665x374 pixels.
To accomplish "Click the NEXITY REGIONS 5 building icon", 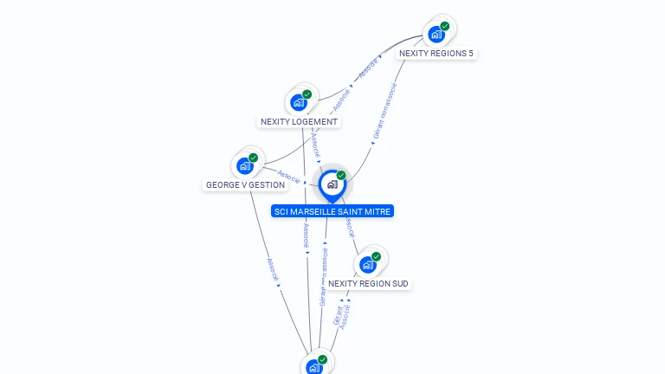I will coord(436,35).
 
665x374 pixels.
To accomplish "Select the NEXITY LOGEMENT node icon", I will coord(299,103).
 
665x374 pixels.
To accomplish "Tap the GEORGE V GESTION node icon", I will coord(245,165).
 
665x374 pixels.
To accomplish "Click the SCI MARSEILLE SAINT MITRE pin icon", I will coord(332,184).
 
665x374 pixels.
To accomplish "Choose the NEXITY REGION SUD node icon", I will coord(368,265).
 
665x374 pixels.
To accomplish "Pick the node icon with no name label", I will coord(314,367).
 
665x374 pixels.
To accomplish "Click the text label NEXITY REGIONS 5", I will coord(436,54).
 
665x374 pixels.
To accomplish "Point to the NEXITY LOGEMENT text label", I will coord(299,122).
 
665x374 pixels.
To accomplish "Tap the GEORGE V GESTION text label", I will coord(245,185).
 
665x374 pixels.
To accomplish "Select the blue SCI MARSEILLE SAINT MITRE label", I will coord(332,211).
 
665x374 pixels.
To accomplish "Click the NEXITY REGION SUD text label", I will coord(368,284).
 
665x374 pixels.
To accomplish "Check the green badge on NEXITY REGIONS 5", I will coord(445,26).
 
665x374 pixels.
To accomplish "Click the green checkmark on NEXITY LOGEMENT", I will coord(307,94).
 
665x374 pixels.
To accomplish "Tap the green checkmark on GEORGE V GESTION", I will coord(254,158).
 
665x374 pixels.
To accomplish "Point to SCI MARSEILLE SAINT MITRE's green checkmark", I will coord(341,176).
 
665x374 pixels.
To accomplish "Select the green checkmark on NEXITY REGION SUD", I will coord(377,256).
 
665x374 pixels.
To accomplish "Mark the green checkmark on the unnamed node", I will coord(323,359).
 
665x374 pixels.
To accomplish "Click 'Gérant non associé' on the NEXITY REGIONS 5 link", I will coord(384,112).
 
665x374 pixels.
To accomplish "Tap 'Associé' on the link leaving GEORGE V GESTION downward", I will coord(272,270).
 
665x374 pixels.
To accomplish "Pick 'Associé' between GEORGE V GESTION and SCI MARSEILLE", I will coord(288,177).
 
